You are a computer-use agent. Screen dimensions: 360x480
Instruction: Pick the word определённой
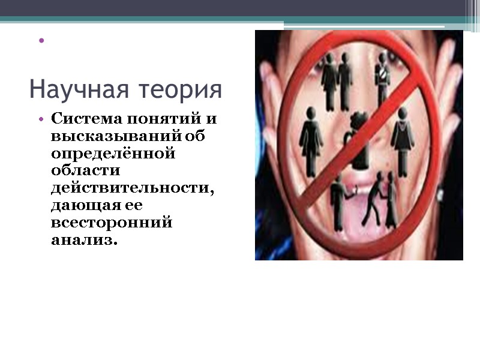coord(113,154)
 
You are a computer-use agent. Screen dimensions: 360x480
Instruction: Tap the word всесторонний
coord(112,223)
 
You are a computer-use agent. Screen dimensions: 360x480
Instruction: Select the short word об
coord(196,136)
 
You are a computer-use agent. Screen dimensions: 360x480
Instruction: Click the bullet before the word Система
coord(41,119)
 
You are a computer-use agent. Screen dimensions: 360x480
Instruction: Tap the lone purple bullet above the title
coord(41,41)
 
